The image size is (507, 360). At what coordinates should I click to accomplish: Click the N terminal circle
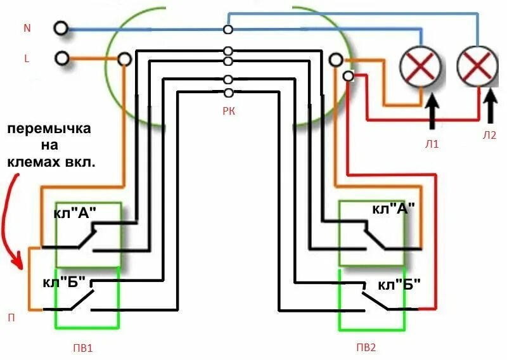click(61, 29)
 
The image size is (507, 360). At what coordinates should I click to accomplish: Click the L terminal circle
click(61, 58)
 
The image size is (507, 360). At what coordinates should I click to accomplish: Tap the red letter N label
click(27, 29)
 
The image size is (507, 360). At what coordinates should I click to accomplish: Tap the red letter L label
click(27, 59)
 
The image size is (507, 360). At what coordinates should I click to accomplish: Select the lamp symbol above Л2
click(477, 66)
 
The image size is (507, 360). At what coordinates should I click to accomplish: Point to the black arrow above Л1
click(432, 109)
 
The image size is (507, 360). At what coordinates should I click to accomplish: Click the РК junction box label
click(228, 110)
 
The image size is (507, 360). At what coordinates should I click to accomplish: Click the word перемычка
click(49, 129)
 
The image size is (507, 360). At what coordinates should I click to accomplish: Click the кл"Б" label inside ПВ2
click(399, 285)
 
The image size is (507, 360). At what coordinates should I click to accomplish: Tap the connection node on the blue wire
click(228, 29)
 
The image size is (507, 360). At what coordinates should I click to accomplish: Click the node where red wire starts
click(347, 76)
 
